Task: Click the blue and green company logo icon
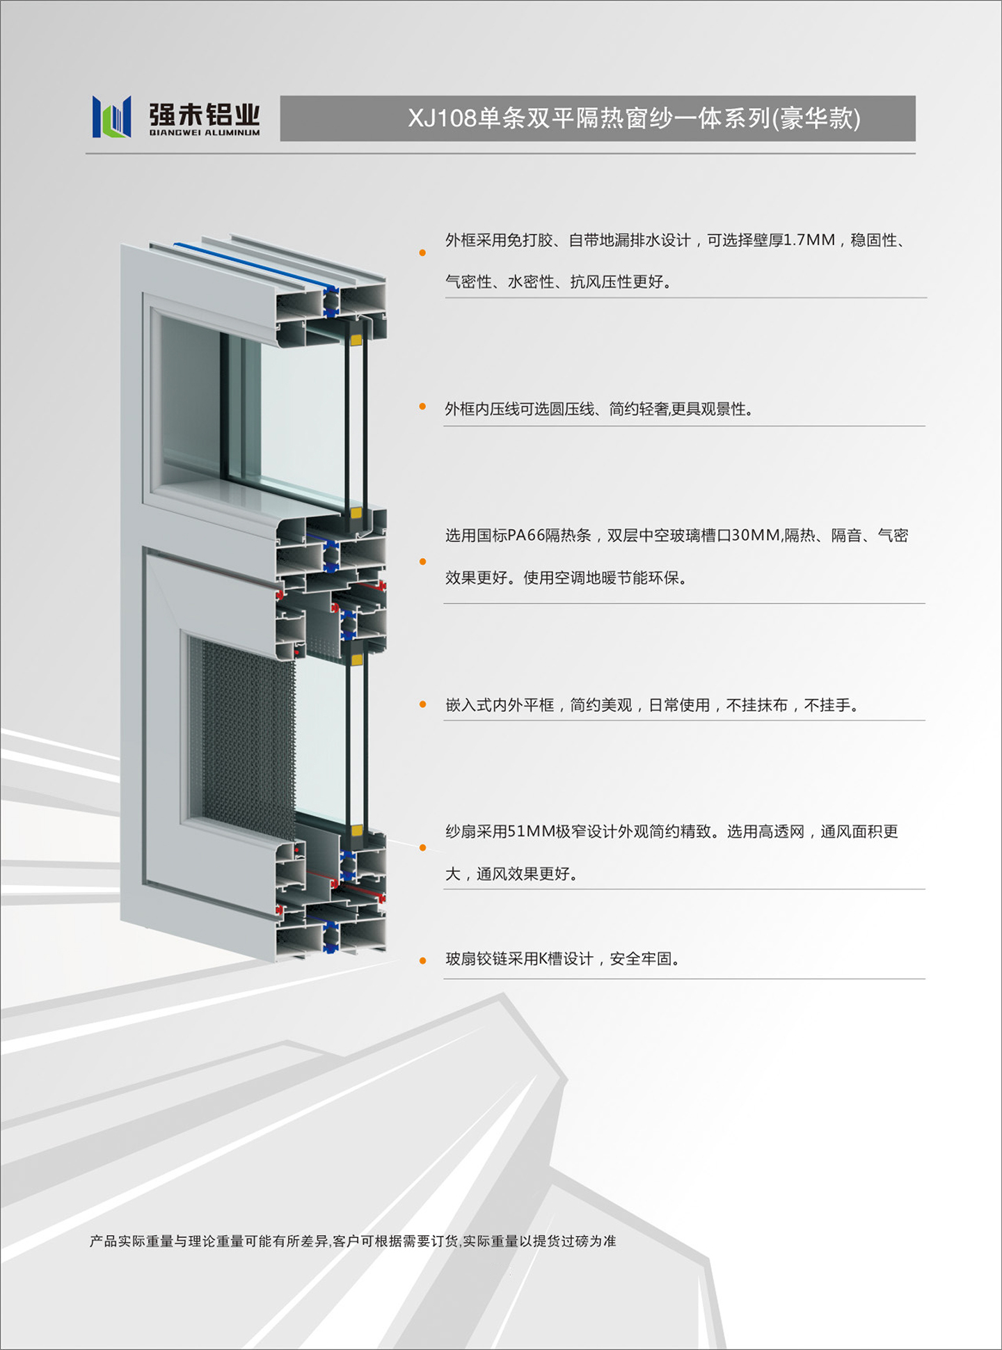[x=111, y=116]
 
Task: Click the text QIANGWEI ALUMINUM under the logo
[x=205, y=132]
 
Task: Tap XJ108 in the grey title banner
[x=442, y=118]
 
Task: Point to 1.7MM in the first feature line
[x=809, y=240]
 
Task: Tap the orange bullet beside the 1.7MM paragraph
[x=422, y=253]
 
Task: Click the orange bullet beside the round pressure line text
[x=422, y=406]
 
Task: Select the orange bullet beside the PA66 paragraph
[x=422, y=562]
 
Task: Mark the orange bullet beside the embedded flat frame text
[x=422, y=705]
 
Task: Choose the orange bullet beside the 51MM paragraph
[x=422, y=848]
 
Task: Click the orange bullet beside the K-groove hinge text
[x=422, y=961]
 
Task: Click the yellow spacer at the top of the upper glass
[x=356, y=340]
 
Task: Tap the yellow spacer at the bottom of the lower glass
[x=356, y=830]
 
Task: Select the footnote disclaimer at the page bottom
[x=353, y=1241]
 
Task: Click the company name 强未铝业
[x=205, y=113]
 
